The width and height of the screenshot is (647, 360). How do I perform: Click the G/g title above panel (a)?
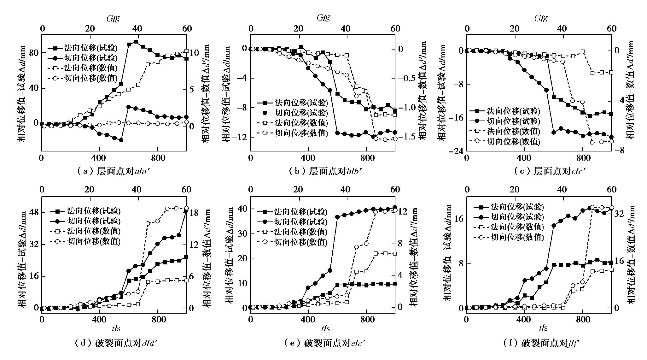tap(114, 18)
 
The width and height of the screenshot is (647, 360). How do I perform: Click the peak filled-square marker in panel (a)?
tap(136, 42)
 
